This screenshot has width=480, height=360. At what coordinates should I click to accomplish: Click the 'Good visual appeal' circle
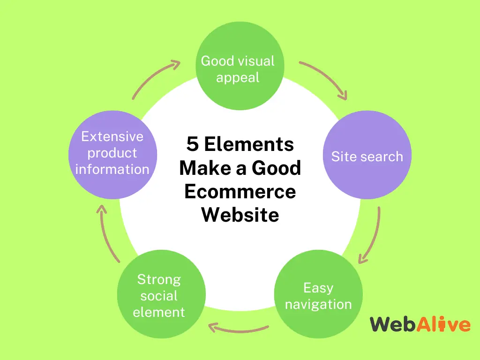coord(240,66)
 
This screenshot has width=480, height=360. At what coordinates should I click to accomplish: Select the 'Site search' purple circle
coord(367,155)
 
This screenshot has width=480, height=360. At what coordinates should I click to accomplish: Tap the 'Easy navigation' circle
coord(318,294)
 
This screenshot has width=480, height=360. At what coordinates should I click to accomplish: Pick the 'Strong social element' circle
coord(161,294)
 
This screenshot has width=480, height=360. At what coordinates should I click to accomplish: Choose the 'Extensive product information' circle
coord(112,155)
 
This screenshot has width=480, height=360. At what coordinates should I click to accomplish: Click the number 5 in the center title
coord(193,144)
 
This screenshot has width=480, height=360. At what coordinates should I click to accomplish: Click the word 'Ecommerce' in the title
coord(240,191)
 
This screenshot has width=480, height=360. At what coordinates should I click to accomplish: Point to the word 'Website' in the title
coord(240,215)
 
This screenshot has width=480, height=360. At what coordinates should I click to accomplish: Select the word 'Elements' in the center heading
coord(249,144)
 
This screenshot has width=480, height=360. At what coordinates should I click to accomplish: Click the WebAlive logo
coord(420,324)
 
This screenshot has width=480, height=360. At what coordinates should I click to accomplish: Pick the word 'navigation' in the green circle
coord(318,305)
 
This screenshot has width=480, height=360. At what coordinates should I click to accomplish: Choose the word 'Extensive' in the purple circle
coord(112,136)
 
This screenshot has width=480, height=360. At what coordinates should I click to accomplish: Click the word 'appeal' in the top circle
coord(238,78)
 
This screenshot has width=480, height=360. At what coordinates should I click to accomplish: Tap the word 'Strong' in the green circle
coord(159,280)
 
